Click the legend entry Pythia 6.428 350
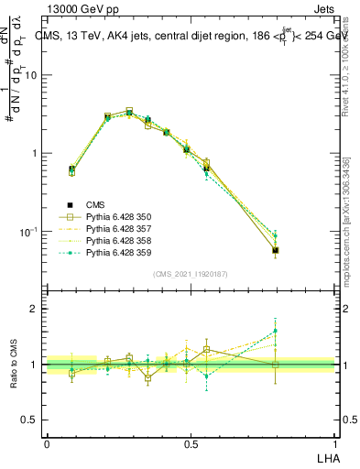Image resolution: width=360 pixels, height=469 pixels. pyautogui.click(x=112, y=216)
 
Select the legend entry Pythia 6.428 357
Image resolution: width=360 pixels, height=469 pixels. pyautogui.click(x=112, y=228)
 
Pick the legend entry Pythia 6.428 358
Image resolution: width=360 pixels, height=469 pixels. pyautogui.click(x=112, y=240)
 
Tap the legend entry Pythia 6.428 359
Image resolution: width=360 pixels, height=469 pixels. pyautogui.click(x=112, y=252)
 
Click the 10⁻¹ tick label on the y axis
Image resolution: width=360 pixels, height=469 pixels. pyautogui.click(x=29, y=232)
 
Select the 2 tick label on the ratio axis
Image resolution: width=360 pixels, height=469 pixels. pyautogui.click(x=35, y=309)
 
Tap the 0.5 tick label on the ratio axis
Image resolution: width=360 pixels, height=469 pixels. pyautogui.click(x=31, y=420)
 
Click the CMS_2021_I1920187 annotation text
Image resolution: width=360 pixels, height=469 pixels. pyautogui.click(x=191, y=274)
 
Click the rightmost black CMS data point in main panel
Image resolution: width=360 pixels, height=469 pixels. pyautogui.click(x=276, y=249)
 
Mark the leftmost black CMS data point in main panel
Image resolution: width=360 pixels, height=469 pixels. pyautogui.click(x=72, y=169)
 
